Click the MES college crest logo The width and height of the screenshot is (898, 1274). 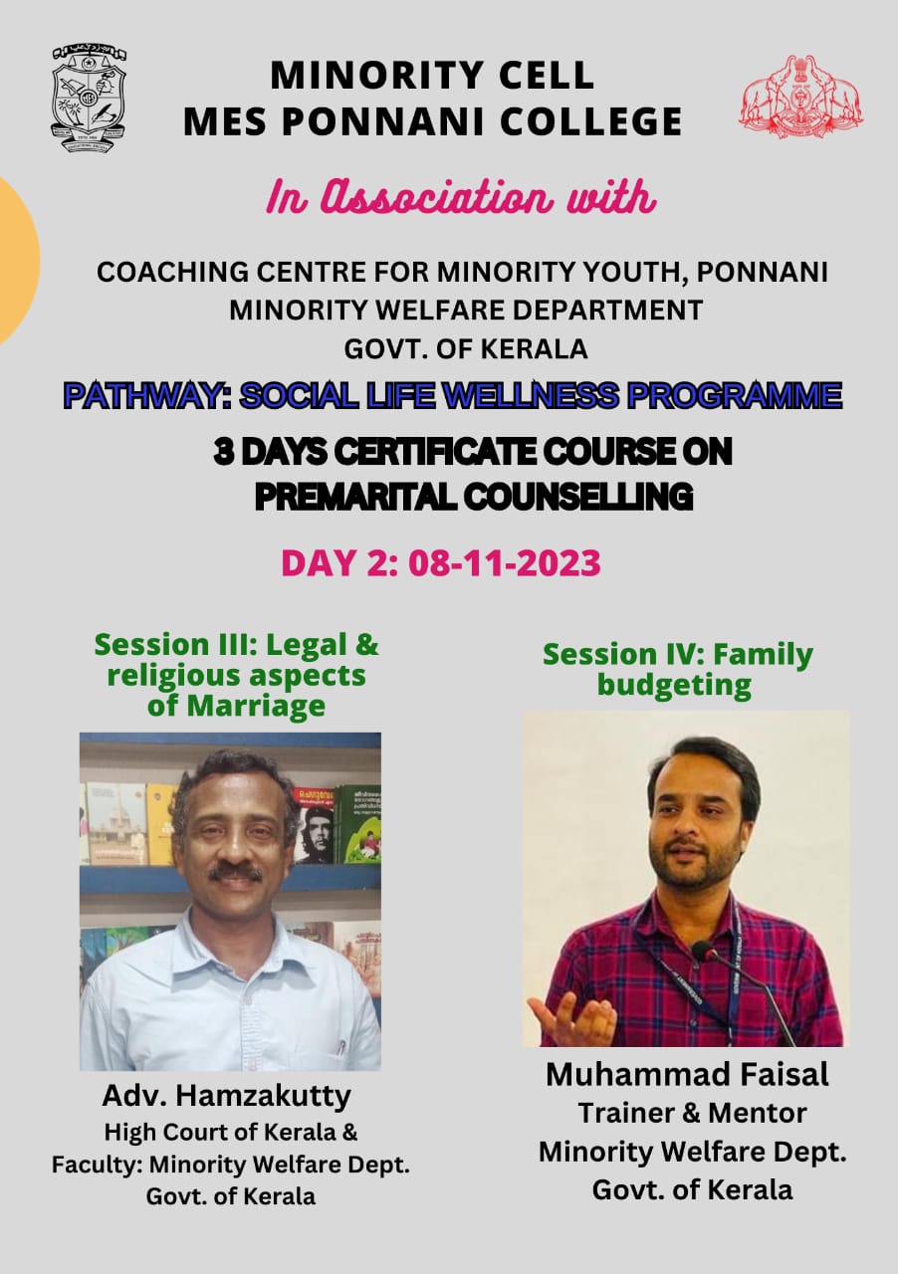tap(90, 99)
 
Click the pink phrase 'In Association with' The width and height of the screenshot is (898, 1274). tap(462, 197)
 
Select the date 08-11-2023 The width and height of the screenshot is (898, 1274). tap(505, 562)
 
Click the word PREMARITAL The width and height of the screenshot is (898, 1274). tap(355, 497)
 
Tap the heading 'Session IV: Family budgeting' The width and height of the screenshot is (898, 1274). tap(677, 670)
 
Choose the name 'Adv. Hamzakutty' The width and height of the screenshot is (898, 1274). tap(227, 1096)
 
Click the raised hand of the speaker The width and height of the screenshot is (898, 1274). tap(570, 1016)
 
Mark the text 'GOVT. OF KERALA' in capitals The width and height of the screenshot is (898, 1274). tap(466, 349)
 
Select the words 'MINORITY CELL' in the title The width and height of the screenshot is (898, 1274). tap(432, 75)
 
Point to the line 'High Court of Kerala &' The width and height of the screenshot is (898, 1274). tap(231, 1132)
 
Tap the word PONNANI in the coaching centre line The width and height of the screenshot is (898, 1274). tap(763, 272)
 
